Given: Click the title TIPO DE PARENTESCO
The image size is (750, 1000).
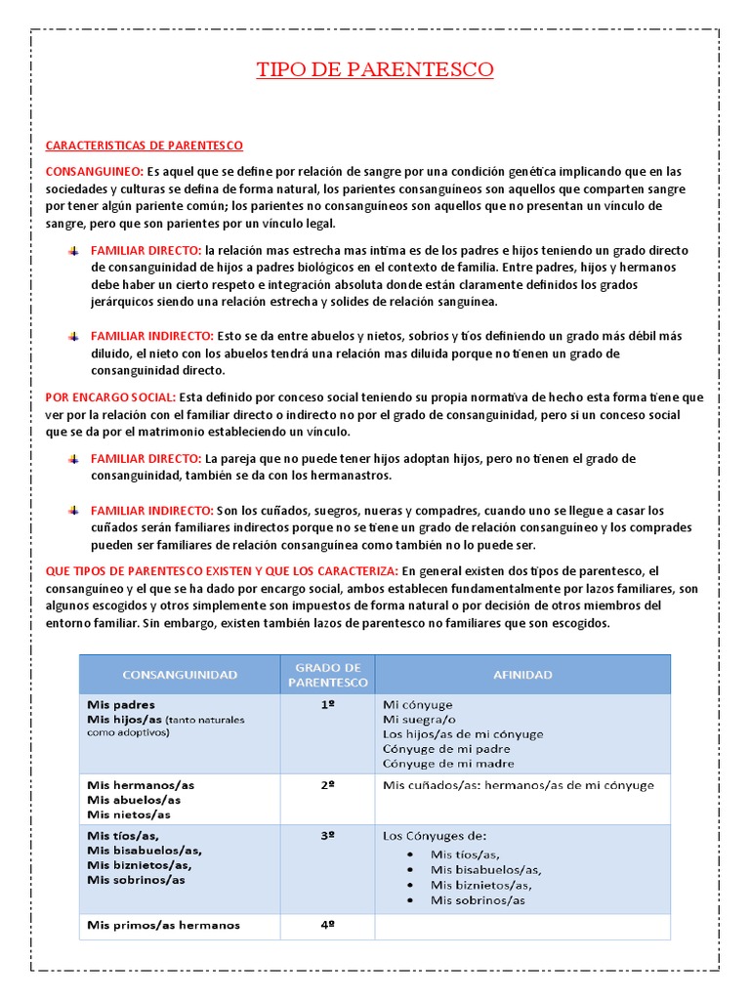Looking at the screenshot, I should [x=375, y=69].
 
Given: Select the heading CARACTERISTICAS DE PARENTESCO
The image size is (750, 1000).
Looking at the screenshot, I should [x=145, y=146].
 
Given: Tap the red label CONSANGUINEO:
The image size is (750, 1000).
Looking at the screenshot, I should [x=94, y=171].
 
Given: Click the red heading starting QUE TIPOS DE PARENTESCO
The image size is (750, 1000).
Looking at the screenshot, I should [x=222, y=570].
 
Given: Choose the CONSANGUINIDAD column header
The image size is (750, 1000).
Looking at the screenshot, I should [x=179, y=675].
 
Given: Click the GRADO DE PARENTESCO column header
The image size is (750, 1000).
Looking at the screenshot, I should [x=328, y=675].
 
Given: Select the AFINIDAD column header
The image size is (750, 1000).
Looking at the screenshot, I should [x=522, y=675].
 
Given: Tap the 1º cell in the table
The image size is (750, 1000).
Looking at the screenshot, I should [x=328, y=704].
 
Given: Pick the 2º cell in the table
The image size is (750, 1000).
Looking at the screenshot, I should [x=328, y=785].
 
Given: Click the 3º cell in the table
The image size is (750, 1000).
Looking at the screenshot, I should [x=328, y=836].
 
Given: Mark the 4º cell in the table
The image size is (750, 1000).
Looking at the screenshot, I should [x=328, y=925].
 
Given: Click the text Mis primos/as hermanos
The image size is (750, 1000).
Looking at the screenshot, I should [x=163, y=925].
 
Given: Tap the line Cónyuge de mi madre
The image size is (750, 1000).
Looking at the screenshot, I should [x=448, y=764].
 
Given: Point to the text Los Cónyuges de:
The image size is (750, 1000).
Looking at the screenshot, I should [x=434, y=836].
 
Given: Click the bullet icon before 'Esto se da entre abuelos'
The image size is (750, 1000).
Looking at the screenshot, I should [x=73, y=336].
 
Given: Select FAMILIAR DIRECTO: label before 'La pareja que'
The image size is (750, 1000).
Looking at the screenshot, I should [x=146, y=458].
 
